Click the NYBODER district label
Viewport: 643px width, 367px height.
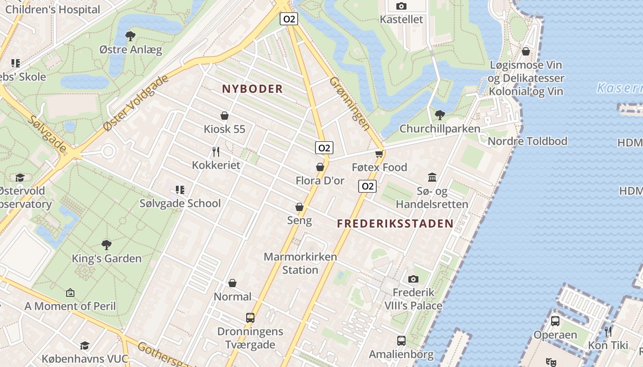(x=252, y=89)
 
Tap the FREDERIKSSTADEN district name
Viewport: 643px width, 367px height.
(x=395, y=224)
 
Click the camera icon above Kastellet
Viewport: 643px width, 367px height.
(x=401, y=6)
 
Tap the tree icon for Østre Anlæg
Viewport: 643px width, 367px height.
(x=130, y=35)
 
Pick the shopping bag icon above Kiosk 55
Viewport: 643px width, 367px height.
(x=225, y=115)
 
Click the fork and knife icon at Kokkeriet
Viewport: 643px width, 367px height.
(x=216, y=151)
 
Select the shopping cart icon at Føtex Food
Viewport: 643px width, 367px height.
(x=379, y=154)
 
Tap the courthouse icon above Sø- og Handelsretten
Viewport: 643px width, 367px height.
(x=432, y=177)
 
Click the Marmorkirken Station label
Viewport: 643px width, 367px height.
(x=300, y=263)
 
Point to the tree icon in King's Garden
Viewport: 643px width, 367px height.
(x=107, y=245)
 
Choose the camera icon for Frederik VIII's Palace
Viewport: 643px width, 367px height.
(x=413, y=279)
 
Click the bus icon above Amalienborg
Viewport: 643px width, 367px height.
(x=401, y=340)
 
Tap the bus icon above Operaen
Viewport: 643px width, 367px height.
(x=555, y=321)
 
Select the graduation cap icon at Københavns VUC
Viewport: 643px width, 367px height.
(x=85, y=345)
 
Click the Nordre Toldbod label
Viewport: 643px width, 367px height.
(x=527, y=141)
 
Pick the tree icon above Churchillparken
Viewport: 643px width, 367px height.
(x=440, y=115)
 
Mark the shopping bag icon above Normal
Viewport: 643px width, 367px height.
(x=232, y=283)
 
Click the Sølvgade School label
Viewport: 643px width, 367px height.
(x=180, y=203)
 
